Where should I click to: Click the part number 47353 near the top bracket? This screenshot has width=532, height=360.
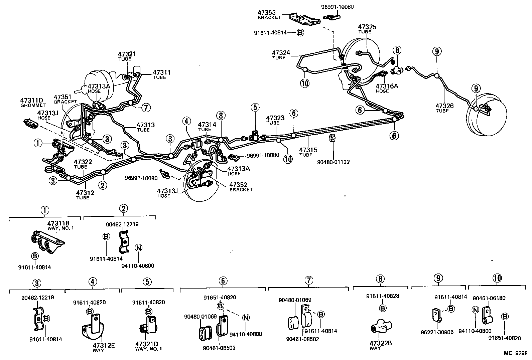pos(266,13)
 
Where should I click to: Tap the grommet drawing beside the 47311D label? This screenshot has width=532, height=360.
pos(30,123)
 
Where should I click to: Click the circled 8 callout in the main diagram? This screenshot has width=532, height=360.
pos(397,51)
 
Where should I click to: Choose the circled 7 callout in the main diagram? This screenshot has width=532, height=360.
pos(146,108)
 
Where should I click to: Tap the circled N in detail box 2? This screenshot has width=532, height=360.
pos(138,248)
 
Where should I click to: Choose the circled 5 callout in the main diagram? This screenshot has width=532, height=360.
pos(255,107)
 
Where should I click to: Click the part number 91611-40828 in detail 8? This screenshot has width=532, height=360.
pos(382,296)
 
